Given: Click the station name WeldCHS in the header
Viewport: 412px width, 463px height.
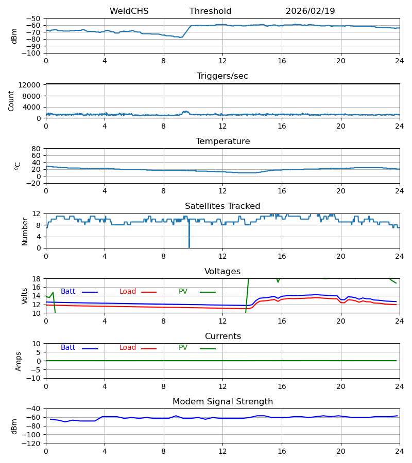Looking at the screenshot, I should tap(129, 11).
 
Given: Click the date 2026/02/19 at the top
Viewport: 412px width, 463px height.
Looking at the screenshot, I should tap(310, 11).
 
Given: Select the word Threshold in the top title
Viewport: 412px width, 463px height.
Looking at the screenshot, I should tap(210, 11).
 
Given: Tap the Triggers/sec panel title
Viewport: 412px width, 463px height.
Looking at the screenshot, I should tap(222, 76).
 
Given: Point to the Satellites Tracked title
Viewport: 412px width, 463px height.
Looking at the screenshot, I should tap(222, 206).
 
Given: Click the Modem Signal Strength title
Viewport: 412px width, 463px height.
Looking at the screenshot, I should tap(222, 402).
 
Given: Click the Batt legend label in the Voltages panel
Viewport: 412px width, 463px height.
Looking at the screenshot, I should tap(68, 292).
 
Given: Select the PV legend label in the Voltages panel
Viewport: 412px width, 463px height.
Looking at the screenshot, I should tap(183, 292).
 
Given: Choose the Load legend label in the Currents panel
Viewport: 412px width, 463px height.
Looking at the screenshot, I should tap(128, 348).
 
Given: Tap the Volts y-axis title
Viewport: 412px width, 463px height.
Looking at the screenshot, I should tap(25, 296).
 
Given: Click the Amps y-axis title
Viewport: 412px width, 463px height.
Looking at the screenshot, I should tap(19, 361).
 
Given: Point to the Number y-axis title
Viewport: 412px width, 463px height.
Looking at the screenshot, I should tap(25, 231).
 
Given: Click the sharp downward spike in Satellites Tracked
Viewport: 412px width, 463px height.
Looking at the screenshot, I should tap(189, 239).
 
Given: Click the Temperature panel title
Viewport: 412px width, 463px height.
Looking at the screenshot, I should tap(222, 141).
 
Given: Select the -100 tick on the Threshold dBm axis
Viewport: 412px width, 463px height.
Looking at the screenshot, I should tap(33, 53).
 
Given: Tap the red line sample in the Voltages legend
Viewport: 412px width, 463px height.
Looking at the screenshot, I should tap(149, 292).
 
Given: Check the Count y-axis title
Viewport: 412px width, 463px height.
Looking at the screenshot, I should tap(11, 101).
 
